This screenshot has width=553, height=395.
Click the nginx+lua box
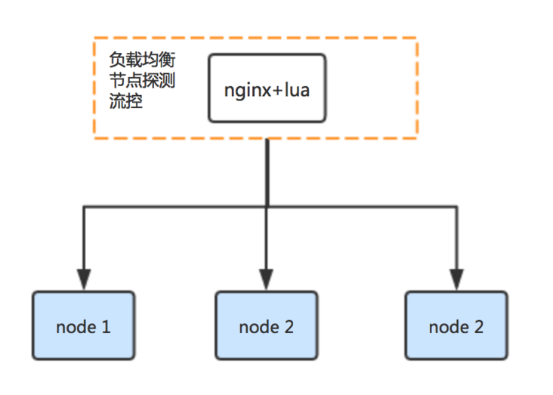pos(267,88)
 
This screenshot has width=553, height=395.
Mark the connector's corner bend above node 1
pos(84,205)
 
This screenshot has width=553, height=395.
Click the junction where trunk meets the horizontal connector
pos(267,205)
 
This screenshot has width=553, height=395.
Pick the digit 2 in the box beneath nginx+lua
pos(289,327)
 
